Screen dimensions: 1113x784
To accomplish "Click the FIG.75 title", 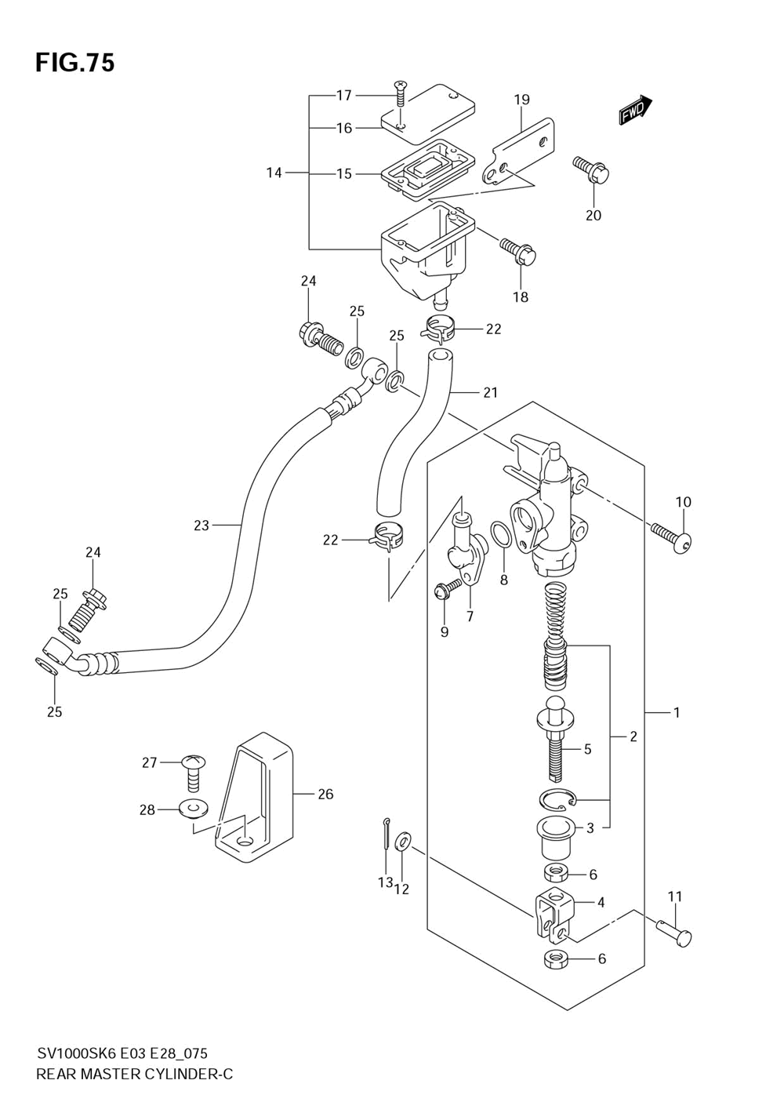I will tap(74, 63).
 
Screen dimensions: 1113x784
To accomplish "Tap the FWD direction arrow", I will tap(636, 111).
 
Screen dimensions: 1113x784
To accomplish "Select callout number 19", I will tap(522, 100).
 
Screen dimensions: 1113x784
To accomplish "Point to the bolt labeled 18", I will tap(518, 250).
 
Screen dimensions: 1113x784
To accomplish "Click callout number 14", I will tap(274, 173).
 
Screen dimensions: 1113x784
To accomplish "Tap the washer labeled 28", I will tap(193, 807).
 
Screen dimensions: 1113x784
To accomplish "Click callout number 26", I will tap(325, 795).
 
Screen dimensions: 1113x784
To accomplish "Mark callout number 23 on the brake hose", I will tap(201, 526).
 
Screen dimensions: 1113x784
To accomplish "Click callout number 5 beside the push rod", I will tap(587, 750).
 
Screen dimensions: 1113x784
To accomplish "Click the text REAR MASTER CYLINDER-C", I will tap(134, 1074).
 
